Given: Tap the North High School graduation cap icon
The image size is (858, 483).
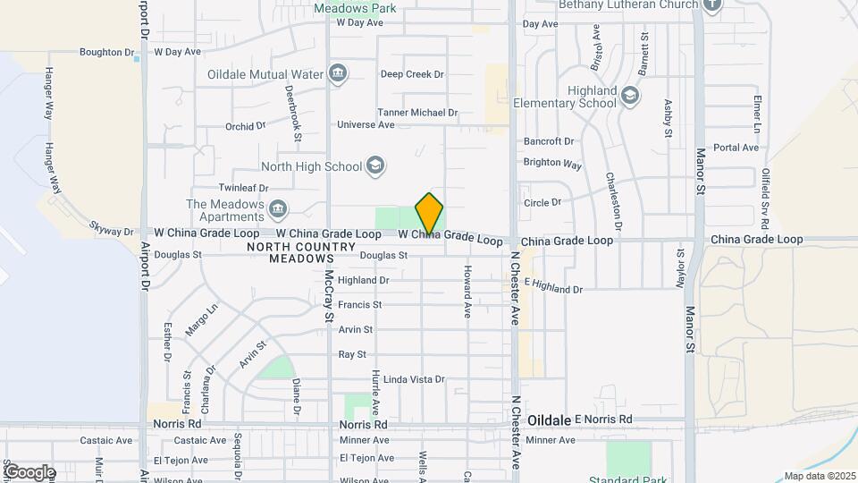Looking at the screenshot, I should pyautogui.click(x=375, y=165).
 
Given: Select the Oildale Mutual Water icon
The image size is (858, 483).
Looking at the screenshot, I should pyautogui.click(x=337, y=73).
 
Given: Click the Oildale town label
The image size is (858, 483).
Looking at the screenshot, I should pyautogui.click(x=548, y=419).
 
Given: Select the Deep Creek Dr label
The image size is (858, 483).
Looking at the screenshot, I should pyautogui.click(x=412, y=74).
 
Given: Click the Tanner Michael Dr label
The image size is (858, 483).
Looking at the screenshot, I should pyautogui.click(x=416, y=113).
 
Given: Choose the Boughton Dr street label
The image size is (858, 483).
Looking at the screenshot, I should pyautogui.click(x=106, y=52).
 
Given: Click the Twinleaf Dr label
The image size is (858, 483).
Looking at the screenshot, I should pyautogui.click(x=244, y=189).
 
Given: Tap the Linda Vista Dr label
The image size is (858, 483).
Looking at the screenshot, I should pyautogui.click(x=414, y=379).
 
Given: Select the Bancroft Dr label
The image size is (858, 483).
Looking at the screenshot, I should pyautogui.click(x=548, y=141).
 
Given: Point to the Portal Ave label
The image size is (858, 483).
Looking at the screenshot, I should pyautogui.click(x=736, y=148).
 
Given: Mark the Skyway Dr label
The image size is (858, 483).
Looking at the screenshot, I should pyautogui.click(x=112, y=229).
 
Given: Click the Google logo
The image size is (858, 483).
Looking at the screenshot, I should pyautogui.click(x=29, y=472).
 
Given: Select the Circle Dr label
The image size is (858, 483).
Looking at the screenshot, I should pyautogui.click(x=543, y=202).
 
